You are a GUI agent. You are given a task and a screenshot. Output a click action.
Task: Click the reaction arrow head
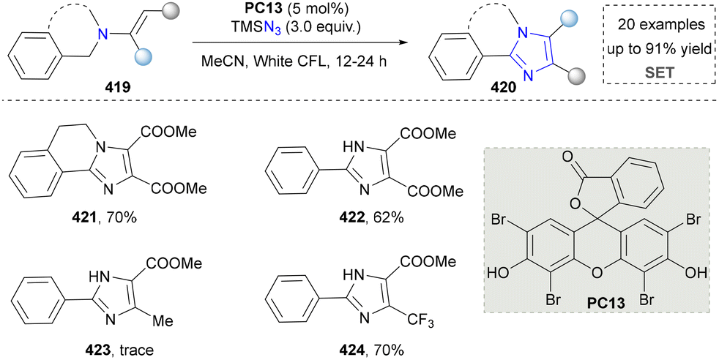coord(403,43)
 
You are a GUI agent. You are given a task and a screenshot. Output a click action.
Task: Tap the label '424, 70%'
coord(371,350)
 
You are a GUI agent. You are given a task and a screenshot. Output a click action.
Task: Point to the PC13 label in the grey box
coord(600,303)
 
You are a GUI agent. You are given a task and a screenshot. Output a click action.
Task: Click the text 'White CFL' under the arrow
coord(289,61)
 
